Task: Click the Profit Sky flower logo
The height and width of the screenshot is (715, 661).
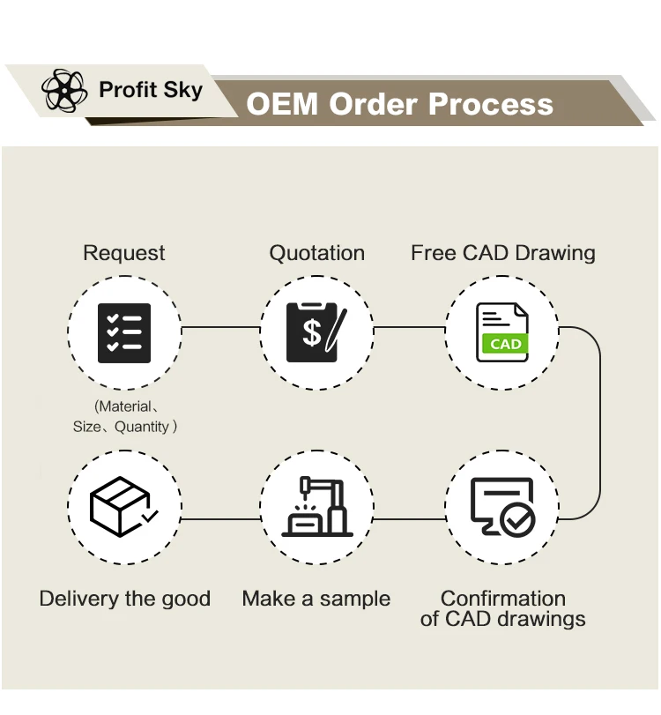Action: coord(65,90)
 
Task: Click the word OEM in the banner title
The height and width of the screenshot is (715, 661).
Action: coord(281,104)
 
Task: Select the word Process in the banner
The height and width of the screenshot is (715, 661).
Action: coord(491,104)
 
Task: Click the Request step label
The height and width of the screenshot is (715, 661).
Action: coord(124,253)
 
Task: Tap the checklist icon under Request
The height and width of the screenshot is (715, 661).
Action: coord(124,332)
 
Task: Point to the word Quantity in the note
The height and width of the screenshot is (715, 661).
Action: coord(141,427)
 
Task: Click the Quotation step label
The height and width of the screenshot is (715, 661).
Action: coord(316,253)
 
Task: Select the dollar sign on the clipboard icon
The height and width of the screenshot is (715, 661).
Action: coord(312,332)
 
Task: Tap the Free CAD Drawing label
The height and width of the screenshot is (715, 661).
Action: coord(502,253)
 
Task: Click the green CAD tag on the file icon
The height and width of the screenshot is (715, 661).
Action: coord(505,345)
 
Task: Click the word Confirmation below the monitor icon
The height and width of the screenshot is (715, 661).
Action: coord(502,599)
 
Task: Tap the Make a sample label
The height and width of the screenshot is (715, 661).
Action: coord(316,599)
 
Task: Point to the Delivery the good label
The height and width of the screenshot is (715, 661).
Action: coord(125,599)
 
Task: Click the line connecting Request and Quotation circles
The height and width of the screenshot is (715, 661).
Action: coord(220,328)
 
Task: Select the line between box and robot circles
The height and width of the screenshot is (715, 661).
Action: coord(220,518)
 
